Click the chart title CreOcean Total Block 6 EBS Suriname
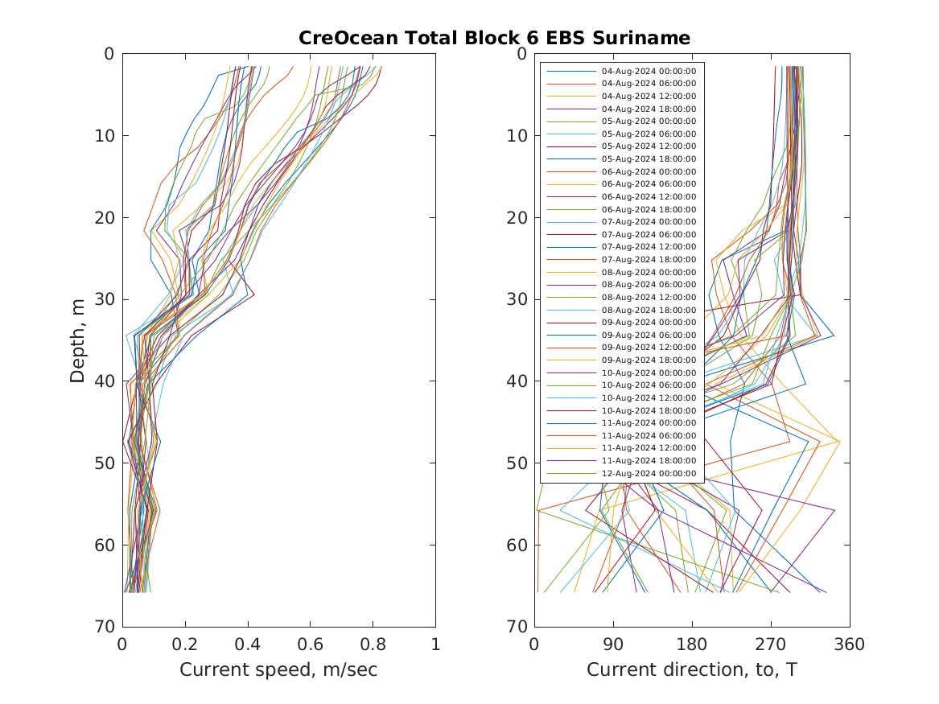pyautogui.click(x=494, y=39)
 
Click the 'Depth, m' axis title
pyautogui.click(x=78, y=340)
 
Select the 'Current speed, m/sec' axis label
pyautogui.click(x=278, y=669)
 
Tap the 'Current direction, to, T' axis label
pyautogui.click(x=691, y=669)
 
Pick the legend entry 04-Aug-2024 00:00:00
pyautogui.click(x=649, y=71)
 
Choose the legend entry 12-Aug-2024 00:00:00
pyautogui.click(x=649, y=473)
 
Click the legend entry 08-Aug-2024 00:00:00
pyautogui.click(x=649, y=272)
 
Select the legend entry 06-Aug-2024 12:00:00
pyautogui.click(x=649, y=196)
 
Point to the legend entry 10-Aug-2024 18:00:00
pyautogui.click(x=649, y=410)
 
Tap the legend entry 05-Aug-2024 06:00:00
pyautogui.click(x=649, y=134)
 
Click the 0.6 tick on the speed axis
pyautogui.click(x=310, y=644)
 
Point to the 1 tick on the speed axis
pyautogui.click(x=435, y=644)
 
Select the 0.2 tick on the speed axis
pyautogui.click(x=185, y=644)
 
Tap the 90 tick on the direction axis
pyautogui.click(x=613, y=644)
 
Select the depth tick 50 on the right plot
pyautogui.click(x=517, y=463)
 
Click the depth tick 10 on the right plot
pyautogui.click(x=517, y=135)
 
